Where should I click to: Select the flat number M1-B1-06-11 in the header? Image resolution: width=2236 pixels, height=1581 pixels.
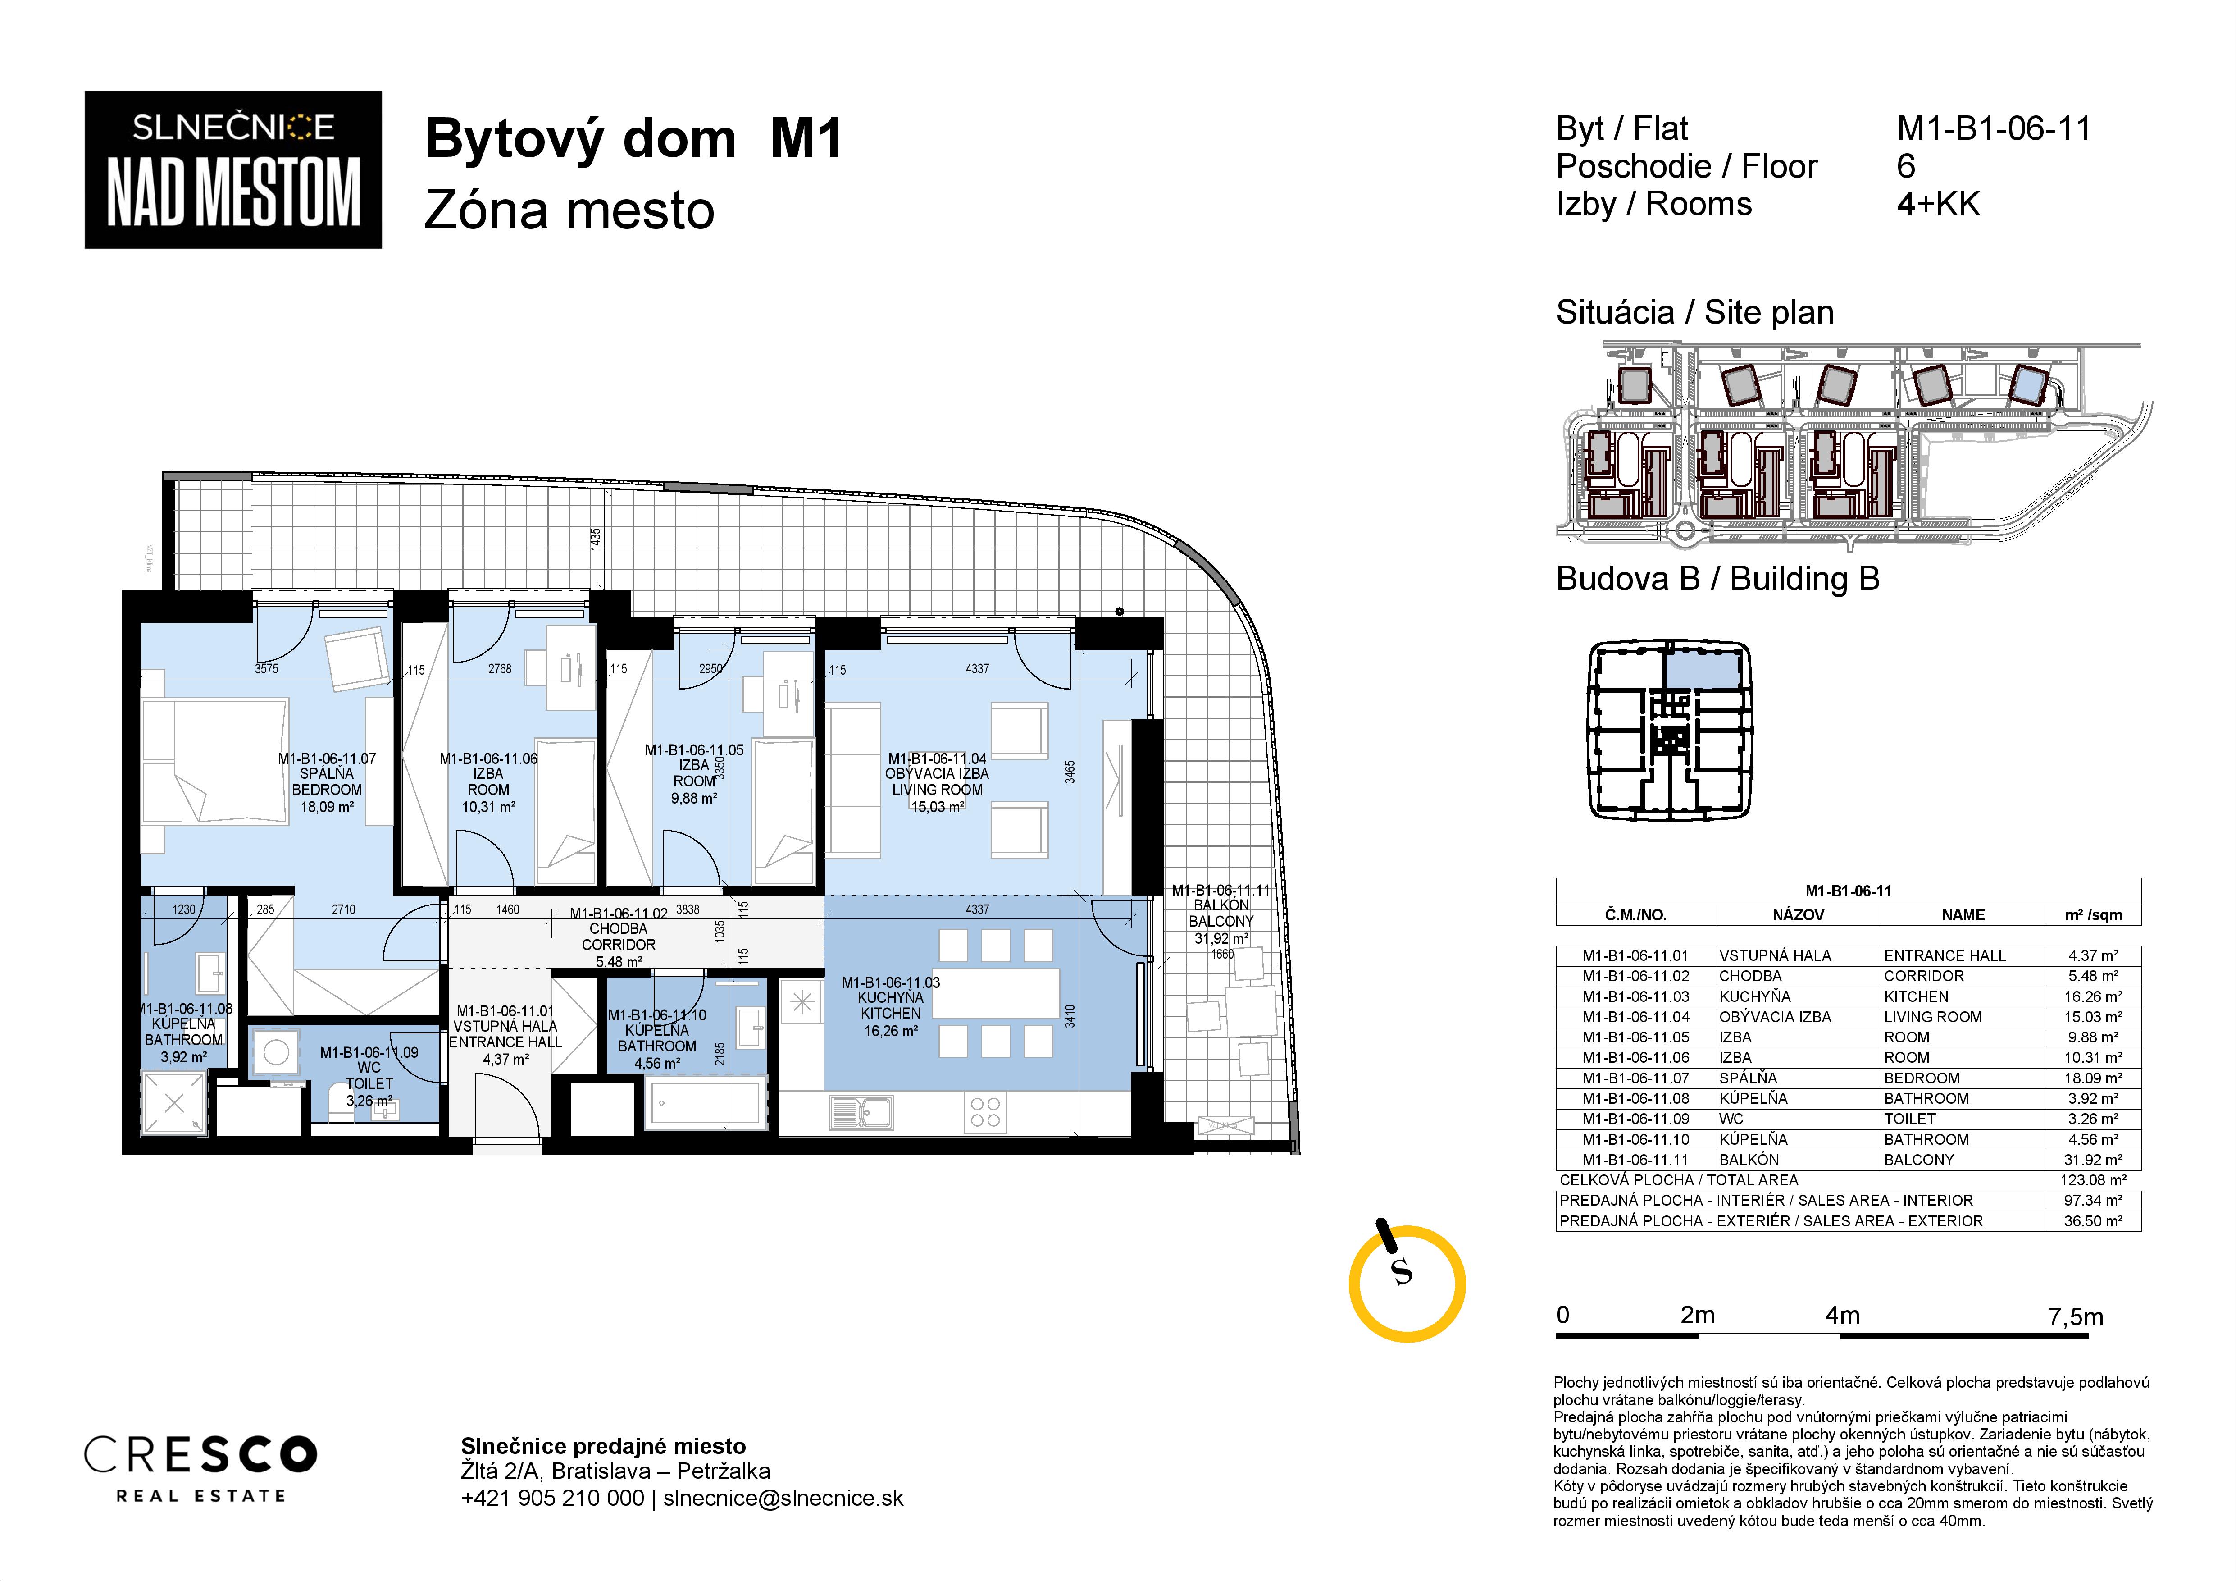pyautogui.click(x=1994, y=128)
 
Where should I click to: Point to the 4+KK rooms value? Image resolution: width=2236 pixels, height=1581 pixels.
pyautogui.click(x=1938, y=205)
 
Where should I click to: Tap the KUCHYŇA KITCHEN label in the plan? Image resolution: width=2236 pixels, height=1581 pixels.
pyautogui.click(x=890, y=1005)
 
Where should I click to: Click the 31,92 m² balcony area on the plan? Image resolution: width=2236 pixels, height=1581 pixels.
pyautogui.click(x=1221, y=938)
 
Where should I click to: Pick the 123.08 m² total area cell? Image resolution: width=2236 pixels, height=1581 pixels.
pyautogui.click(x=2093, y=1179)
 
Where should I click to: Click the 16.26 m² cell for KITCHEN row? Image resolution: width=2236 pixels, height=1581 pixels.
pyautogui.click(x=2093, y=996)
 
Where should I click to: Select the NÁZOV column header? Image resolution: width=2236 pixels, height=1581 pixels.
pyautogui.click(x=1798, y=915)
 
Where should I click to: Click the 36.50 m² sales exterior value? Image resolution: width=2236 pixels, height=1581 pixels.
pyautogui.click(x=2093, y=1220)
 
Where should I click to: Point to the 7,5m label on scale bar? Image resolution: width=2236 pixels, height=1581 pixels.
pyautogui.click(x=2075, y=1317)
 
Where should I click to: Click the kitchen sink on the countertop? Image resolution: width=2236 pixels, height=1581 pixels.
pyautogui.click(x=862, y=1111)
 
